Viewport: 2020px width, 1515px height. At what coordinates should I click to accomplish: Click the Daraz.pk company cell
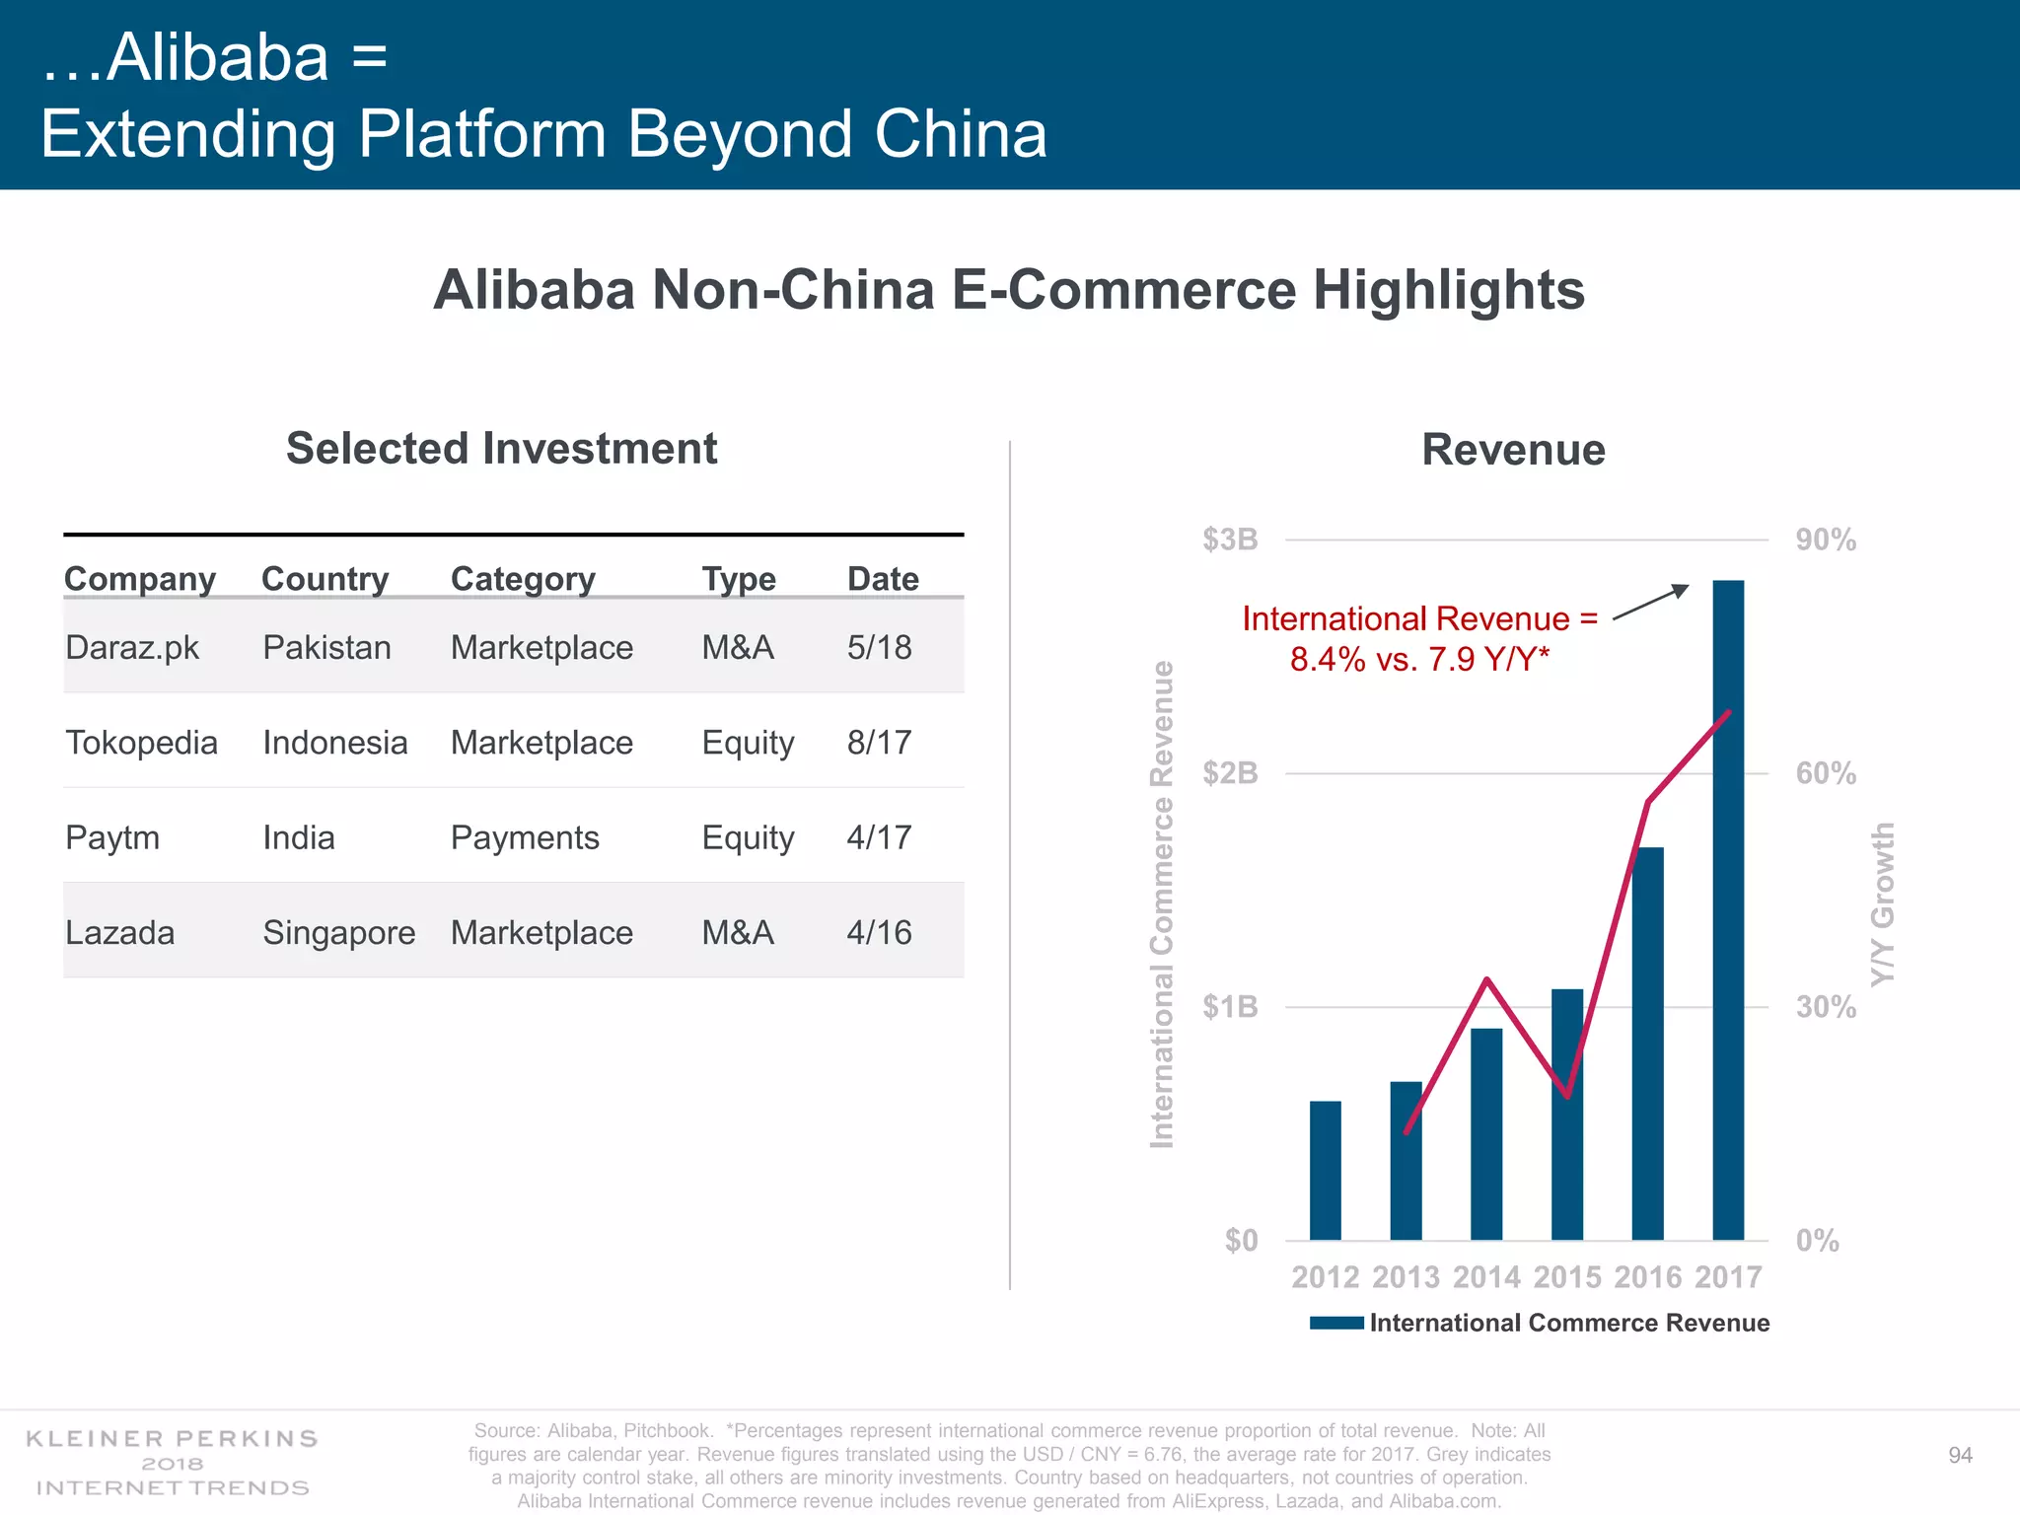tap(132, 648)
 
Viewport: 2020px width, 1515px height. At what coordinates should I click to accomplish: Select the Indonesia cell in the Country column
tap(334, 743)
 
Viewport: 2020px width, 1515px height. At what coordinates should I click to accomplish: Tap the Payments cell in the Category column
tap(525, 837)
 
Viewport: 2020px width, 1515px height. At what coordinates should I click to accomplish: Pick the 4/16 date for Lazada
tap(879, 932)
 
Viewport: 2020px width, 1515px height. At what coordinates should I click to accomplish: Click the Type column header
tap(739, 579)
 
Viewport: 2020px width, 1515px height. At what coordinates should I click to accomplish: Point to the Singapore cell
tap(338, 932)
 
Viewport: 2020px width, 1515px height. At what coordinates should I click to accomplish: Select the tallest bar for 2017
tap(1728, 907)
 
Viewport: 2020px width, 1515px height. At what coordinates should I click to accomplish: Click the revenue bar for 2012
tap(1325, 1171)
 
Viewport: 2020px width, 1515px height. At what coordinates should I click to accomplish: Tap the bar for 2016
tap(1647, 1046)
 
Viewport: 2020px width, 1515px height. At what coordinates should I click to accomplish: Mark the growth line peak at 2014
tap(1486, 979)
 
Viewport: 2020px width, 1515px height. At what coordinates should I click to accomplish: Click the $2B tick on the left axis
tap(1230, 773)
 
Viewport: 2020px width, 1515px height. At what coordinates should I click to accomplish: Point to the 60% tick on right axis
tap(1826, 773)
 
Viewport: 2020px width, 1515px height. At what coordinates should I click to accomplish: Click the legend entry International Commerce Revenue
tap(1568, 1323)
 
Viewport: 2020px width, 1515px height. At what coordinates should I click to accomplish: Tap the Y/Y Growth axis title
tap(1883, 903)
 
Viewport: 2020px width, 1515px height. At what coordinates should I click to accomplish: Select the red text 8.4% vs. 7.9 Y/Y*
tap(1419, 659)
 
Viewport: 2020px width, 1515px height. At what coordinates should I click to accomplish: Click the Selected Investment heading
tap(501, 449)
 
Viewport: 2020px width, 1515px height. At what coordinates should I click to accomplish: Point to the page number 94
tap(1960, 1456)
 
